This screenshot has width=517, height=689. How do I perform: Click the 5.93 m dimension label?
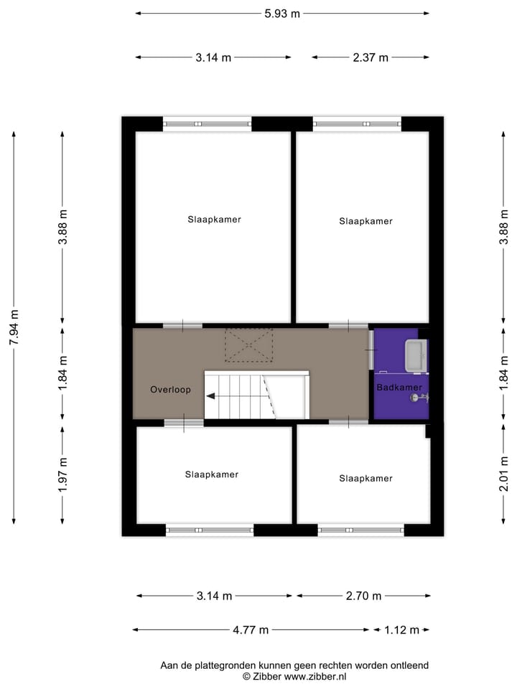click(282, 14)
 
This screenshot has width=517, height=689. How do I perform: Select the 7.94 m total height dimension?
click(14, 327)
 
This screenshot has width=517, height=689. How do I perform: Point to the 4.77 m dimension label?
click(251, 630)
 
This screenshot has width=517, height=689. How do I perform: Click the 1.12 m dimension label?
click(402, 630)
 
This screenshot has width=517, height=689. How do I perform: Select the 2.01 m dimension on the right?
click(504, 475)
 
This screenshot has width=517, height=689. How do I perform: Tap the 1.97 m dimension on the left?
click(63, 475)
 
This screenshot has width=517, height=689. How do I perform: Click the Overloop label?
click(170, 390)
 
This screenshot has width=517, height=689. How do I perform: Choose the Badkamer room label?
click(400, 387)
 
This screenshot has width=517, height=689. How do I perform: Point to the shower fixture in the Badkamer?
click(416, 396)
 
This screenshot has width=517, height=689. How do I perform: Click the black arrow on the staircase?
click(211, 395)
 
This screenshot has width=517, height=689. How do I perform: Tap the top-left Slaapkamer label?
click(214, 220)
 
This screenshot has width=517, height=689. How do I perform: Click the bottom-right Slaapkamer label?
click(365, 478)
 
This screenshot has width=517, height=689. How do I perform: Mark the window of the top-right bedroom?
click(358, 123)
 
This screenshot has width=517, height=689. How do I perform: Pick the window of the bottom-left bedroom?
click(210, 530)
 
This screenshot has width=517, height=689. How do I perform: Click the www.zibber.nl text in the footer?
click(315, 676)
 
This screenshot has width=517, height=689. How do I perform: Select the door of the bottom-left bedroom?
click(184, 423)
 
